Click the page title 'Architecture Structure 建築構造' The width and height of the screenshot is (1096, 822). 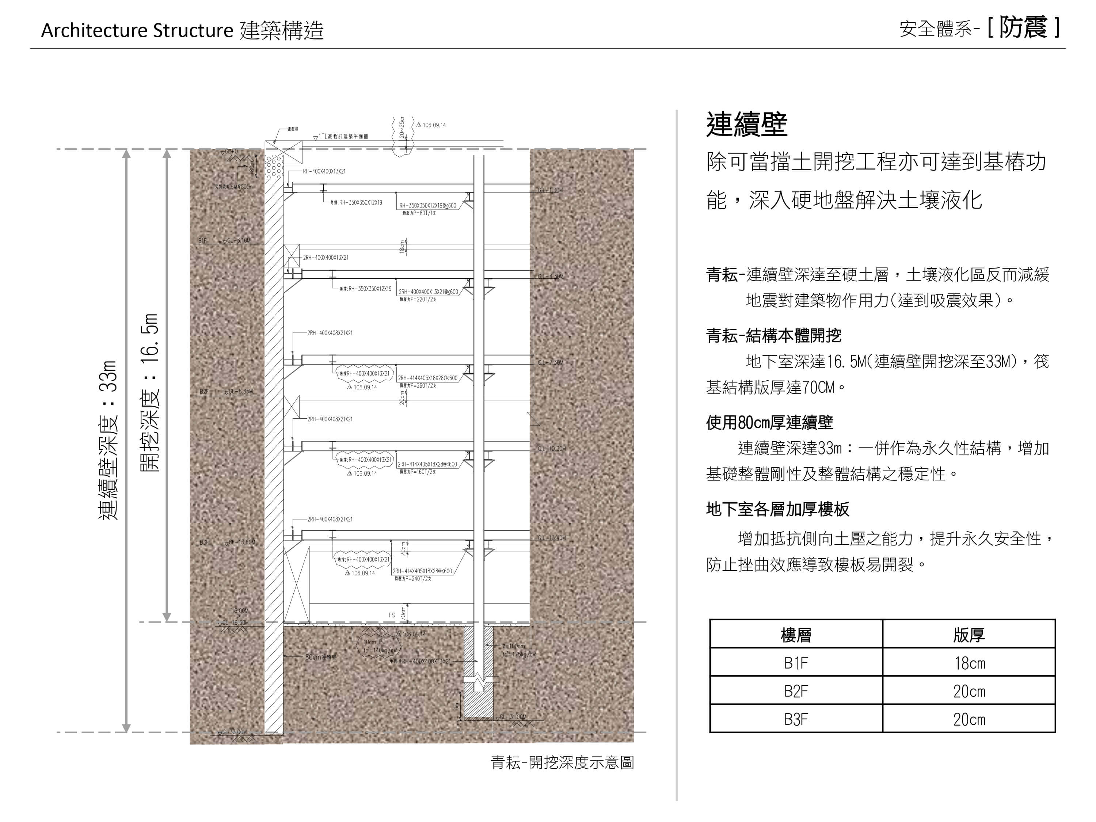[x=182, y=31]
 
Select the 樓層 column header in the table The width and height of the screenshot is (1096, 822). [x=796, y=635]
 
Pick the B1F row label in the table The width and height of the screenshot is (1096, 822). [x=796, y=663]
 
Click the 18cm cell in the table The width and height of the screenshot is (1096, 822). [x=970, y=663]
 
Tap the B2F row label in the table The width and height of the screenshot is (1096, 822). [x=796, y=691]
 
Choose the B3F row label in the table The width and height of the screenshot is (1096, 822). [x=796, y=719]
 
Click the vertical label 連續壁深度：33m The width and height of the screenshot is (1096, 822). [x=109, y=440]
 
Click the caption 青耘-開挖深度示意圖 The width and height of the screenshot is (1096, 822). [x=562, y=762]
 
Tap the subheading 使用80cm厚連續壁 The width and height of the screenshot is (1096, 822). [x=769, y=423]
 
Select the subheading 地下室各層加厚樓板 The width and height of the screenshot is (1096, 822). [x=777, y=509]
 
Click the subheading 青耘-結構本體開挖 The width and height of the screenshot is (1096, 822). [x=773, y=336]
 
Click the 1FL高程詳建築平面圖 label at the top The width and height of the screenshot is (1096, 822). [x=343, y=136]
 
